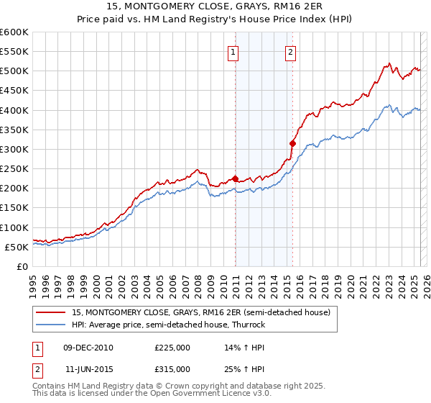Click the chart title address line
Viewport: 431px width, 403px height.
click(x=215, y=6)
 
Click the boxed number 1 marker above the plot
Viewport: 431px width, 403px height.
click(x=235, y=52)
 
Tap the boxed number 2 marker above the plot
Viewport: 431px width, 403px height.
click(x=291, y=52)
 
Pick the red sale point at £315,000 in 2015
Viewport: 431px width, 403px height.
click(x=292, y=143)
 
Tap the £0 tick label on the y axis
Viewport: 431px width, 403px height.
click(x=22, y=266)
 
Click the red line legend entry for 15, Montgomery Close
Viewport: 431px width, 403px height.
click(x=200, y=312)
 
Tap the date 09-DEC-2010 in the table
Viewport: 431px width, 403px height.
click(x=88, y=347)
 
